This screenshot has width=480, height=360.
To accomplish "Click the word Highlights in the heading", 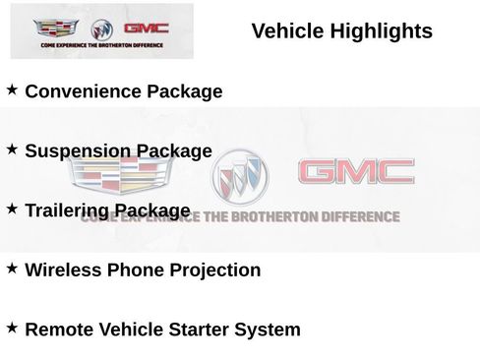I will (x=384, y=31).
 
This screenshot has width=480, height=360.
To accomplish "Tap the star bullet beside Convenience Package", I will (x=12, y=90).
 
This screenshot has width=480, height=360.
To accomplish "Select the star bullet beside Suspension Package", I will (x=12, y=150).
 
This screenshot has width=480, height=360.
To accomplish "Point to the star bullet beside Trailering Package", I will (x=12, y=209).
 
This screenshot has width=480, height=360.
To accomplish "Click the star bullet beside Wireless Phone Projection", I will (x=12, y=268).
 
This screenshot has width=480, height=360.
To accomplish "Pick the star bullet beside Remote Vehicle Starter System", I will (x=12, y=328).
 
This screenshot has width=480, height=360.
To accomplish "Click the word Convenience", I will (x=82, y=92).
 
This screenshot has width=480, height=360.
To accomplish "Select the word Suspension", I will (x=77, y=151).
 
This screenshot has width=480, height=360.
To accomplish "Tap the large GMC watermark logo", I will (x=355, y=173).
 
